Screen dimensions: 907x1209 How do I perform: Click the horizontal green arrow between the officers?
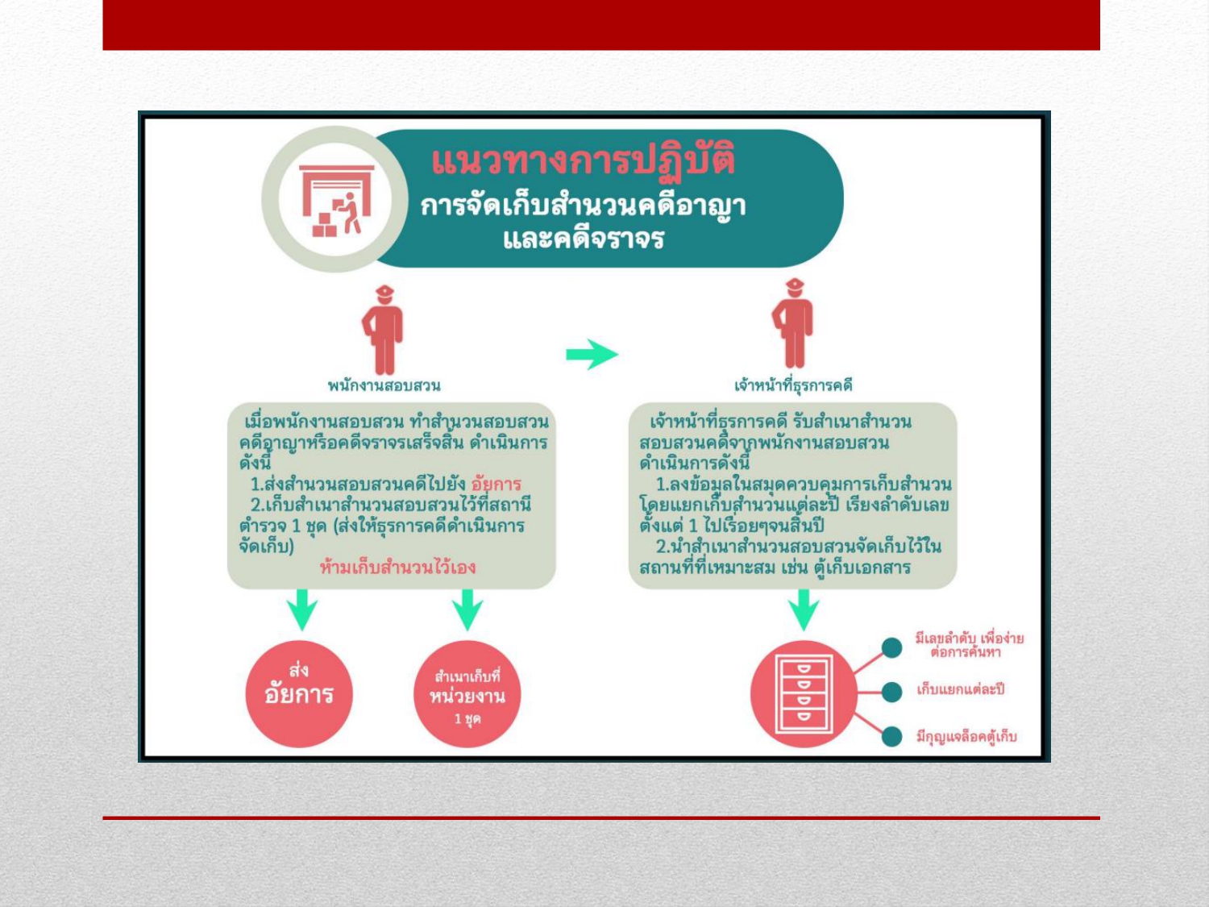592,354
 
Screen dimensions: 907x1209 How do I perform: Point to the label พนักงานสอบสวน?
384,385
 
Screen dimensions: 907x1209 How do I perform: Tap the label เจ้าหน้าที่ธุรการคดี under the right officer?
793,385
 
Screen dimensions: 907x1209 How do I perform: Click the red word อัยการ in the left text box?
496,484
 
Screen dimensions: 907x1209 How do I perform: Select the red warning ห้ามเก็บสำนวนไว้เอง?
397,567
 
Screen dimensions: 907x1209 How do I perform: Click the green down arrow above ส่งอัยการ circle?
302,609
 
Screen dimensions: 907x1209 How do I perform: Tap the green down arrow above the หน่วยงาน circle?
467,609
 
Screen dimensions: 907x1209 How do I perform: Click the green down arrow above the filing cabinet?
804,609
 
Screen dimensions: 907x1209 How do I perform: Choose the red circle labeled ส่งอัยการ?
299,693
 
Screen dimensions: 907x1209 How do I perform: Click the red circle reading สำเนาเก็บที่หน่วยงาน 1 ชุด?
467,694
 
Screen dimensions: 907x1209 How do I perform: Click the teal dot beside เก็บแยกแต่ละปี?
891,692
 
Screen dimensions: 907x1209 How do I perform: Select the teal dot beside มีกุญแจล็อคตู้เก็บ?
891,736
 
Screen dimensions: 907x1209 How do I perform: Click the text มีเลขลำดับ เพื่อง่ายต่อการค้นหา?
968,645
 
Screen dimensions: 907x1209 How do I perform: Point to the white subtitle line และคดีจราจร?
583,239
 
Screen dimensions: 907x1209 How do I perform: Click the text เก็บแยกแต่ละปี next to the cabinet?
960,690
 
